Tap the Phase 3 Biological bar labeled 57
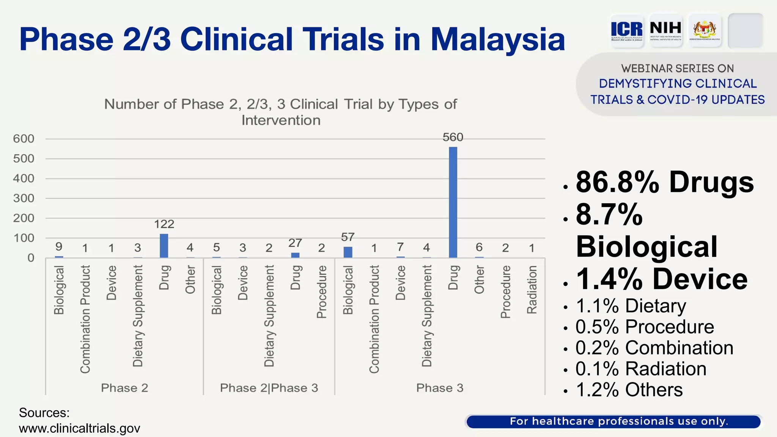coord(348,252)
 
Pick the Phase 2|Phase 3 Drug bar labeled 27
coord(295,255)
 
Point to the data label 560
coord(453,137)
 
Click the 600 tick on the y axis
coord(24,139)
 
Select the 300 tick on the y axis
coord(24,198)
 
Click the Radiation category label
coord(532,290)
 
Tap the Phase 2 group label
coord(124,388)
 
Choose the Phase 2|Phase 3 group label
coord(269,388)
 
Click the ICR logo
coord(627,30)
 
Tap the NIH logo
coord(665,30)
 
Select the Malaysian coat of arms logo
coord(705,30)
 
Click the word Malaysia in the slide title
coord(498,39)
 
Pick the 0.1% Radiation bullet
coord(641,369)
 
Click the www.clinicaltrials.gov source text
coord(80,429)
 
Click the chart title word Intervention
coord(281,120)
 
